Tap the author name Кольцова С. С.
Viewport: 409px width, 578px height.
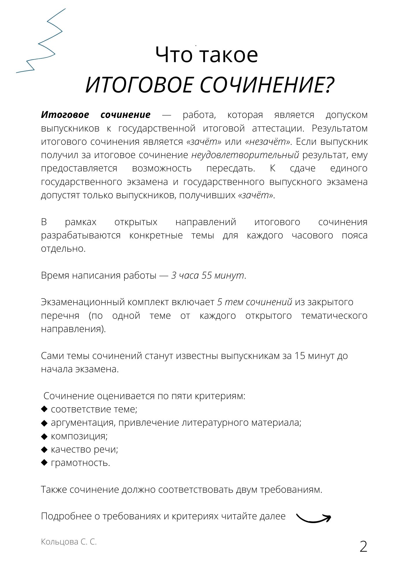tap(69, 542)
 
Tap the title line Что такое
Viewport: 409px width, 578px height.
tap(207, 55)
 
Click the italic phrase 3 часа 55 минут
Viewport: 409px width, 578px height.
tap(207, 275)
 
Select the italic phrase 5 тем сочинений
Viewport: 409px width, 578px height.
tap(255, 302)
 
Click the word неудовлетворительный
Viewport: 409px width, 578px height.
tap(245, 155)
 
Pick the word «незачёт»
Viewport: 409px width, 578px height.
tap(268, 142)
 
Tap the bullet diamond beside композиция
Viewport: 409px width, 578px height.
tap(44, 436)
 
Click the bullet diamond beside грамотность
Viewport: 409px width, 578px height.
tap(44, 463)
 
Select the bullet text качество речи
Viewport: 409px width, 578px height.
tap(84, 449)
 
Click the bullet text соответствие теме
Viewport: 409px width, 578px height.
tap(94, 409)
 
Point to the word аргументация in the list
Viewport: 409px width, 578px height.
tap(83, 423)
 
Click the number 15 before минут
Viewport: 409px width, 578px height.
tap(300, 356)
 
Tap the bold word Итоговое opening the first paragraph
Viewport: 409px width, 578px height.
tap(65, 115)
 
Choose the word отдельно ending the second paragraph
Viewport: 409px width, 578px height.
tap(63, 249)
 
